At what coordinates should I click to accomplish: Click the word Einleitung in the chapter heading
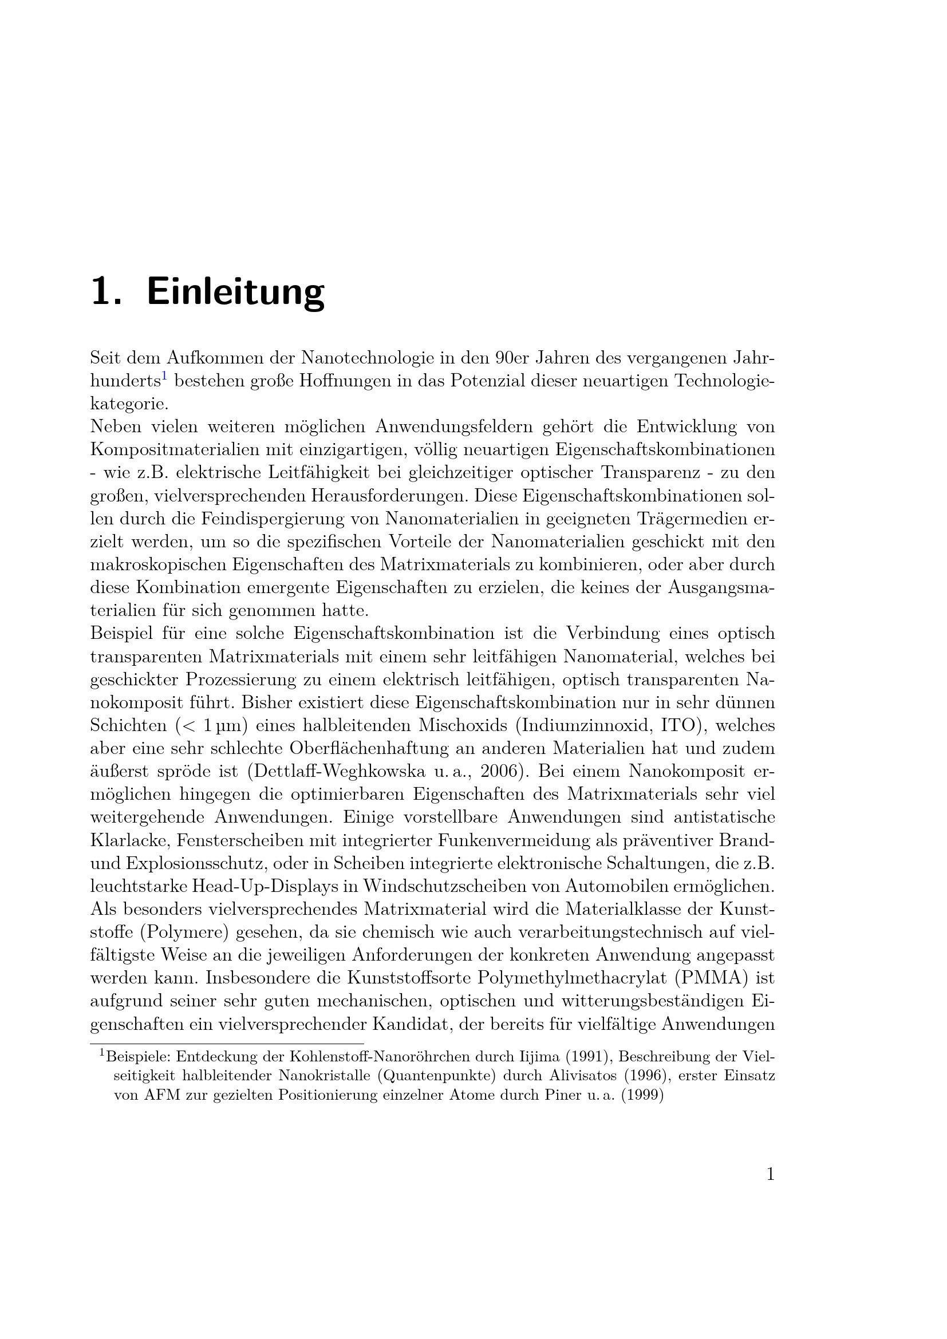235,291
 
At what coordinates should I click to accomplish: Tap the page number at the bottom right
770,1174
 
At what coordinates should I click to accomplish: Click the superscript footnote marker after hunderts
164,376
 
